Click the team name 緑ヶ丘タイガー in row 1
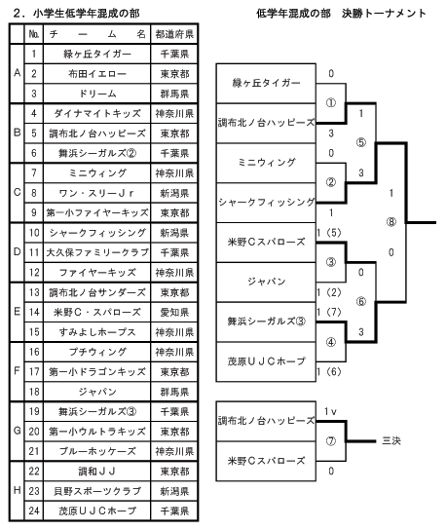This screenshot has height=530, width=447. point(97,55)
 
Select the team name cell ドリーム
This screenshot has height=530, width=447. point(97,94)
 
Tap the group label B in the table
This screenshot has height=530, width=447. point(18,132)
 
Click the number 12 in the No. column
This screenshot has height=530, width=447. point(34,273)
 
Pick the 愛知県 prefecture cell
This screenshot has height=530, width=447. point(174,312)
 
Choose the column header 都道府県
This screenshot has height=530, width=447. point(174,34)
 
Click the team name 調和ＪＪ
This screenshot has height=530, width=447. point(97,472)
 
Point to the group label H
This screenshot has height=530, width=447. point(18,490)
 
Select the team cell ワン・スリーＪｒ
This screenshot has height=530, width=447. point(97,193)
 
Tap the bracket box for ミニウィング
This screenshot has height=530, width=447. point(266,163)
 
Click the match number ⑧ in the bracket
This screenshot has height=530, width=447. point(391,222)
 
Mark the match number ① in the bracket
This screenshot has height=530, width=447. point(331,102)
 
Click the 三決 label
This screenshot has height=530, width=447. point(391,440)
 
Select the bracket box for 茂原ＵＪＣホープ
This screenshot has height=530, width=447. point(266,361)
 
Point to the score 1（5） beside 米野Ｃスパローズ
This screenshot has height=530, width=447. point(329,233)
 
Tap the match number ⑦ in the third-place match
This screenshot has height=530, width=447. point(331,441)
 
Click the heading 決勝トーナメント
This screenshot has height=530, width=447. point(384,14)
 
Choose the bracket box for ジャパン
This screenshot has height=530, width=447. point(266,283)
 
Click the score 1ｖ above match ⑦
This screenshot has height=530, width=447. point(330,411)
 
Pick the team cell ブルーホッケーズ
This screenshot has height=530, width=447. point(97,451)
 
